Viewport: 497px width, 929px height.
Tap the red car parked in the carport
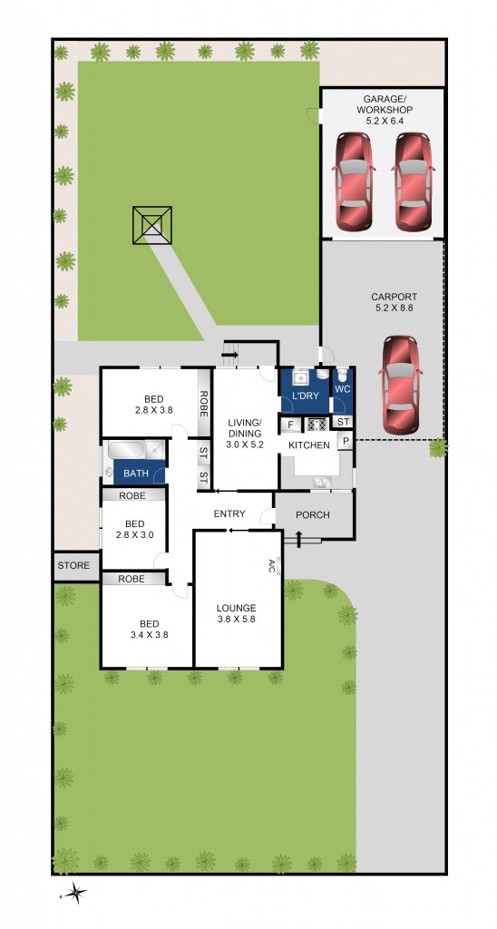[x=402, y=385]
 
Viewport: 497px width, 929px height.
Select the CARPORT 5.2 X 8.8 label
[x=394, y=302]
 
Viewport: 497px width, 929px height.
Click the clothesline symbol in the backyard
[x=152, y=225]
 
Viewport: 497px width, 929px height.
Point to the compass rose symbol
[x=74, y=893]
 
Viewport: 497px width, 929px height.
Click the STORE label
[x=73, y=566]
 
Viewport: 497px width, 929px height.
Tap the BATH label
[x=136, y=474]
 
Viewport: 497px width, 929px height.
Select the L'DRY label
[x=306, y=396]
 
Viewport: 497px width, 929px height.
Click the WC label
[x=343, y=390]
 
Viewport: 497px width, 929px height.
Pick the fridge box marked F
[x=290, y=425]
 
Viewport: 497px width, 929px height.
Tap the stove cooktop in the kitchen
[x=317, y=425]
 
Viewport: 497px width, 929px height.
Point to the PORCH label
[x=313, y=515]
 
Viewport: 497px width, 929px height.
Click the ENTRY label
[x=229, y=513]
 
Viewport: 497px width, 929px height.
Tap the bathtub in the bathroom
[x=125, y=449]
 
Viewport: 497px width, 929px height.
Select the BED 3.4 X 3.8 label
[x=150, y=630]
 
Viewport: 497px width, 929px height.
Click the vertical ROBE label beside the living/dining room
[x=204, y=404]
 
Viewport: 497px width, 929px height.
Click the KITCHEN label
[x=309, y=445]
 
